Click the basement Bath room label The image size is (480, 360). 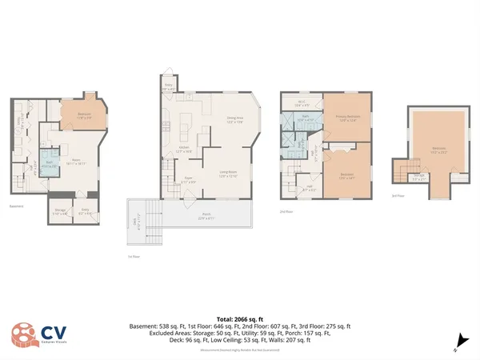[x=48, y=162]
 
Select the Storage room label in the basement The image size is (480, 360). [x=60, y=213]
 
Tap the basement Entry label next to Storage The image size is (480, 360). [x=85, y=213]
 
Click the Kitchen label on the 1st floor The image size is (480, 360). [x=182, y=149]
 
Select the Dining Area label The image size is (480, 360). [x=234, y=120]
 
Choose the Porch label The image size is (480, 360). [x=206, y=216]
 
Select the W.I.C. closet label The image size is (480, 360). [x=302, y=102]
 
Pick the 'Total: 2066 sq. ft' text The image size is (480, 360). [x=239, y=319]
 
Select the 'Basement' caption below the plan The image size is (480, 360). [x=16, y=206]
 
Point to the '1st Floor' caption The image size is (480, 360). [x=134, y=257]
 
